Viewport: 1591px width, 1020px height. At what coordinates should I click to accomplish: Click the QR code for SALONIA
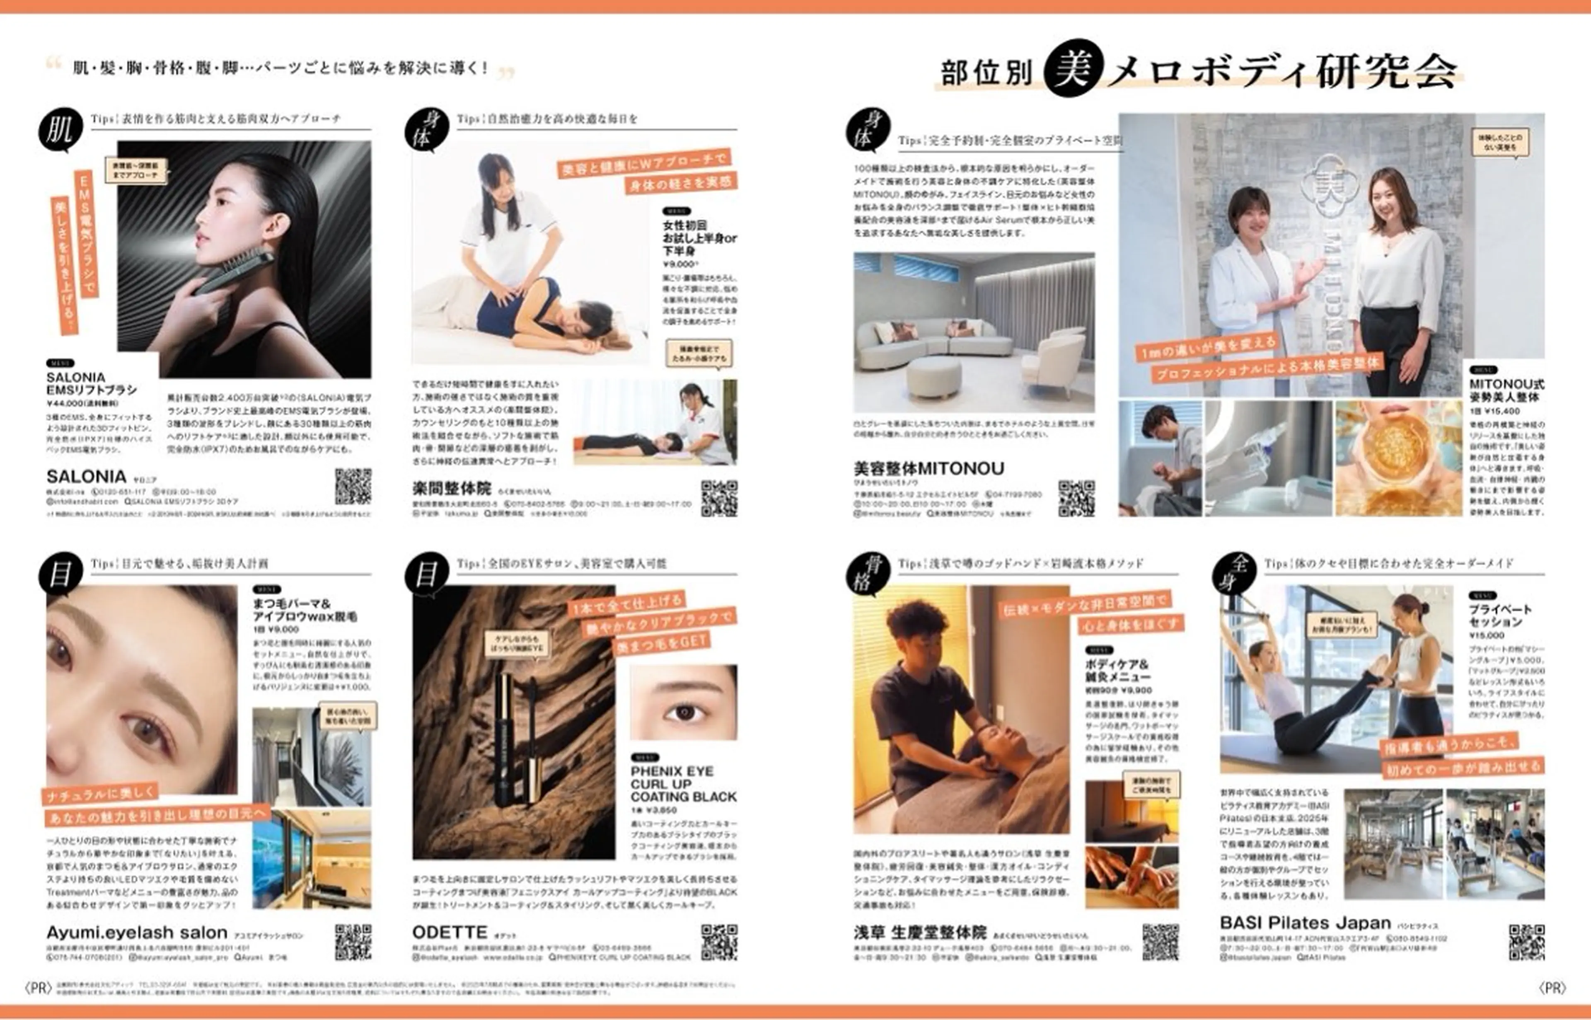pyautogui.click(x=353, y=486)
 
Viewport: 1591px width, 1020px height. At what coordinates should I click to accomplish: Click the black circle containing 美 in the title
pyautogui.click(x=1073, y=68)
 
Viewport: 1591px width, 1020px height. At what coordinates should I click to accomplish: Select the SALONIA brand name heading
pyautogui.click(x=86, y=476)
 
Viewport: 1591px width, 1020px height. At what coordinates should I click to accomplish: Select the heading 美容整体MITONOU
pyautogui.click(x=928, y=468)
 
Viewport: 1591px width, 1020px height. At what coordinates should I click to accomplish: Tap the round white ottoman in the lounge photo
pyautogui.click(x=933, y=377)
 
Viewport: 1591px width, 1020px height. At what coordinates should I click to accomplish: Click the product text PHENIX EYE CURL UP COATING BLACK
pyautogui.click(x=683, y=783)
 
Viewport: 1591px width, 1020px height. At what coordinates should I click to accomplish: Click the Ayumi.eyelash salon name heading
pyautogui.click(x=136, y=933)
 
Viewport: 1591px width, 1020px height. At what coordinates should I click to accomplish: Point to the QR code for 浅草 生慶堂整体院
pyautogui.click(x=1160, y=942)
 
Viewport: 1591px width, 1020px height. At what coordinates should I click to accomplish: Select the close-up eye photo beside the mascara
pyautogui.click(x=683, y=702)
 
